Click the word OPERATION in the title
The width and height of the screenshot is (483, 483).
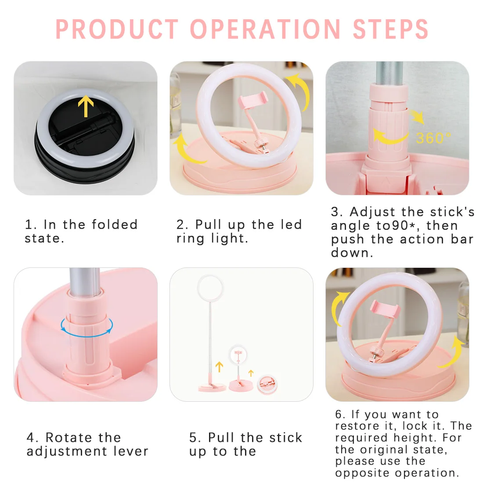[265, 29]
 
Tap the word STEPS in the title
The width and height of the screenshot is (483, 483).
[390, 29]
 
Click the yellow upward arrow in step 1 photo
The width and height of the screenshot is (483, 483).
[86, 106]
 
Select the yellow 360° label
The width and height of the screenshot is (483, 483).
[433, 138]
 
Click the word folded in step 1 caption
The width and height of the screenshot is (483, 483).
[115, 224]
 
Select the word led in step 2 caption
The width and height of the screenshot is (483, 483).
[290, 224]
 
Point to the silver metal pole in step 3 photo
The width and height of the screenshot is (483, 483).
[389, 72]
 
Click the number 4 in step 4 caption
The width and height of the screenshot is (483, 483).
[31, 438]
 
